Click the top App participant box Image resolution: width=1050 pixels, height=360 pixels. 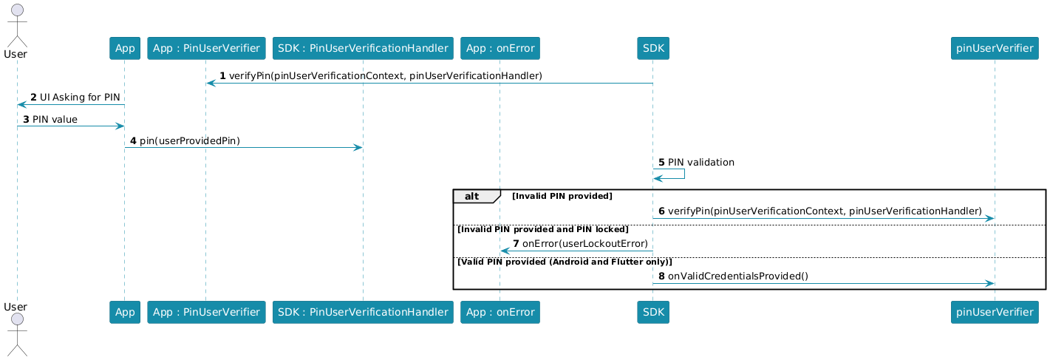click(124, 49)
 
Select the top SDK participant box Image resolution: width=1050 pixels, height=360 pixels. click(652, 49)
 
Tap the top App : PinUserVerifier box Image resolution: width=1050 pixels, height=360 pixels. click(205, 49)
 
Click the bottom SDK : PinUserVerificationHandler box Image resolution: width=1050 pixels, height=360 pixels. click(362, 313)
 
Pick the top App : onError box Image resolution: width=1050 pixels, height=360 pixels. click(500, 49)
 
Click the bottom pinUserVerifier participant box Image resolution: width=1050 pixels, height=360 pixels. click(995, 313)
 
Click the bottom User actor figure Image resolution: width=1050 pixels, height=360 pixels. click(16, 333)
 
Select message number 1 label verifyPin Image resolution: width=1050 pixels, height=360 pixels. click(385, 76)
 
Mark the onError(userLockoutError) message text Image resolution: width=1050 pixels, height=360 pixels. click(584, 244)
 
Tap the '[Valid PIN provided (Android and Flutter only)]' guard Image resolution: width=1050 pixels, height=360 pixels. click(565, 262)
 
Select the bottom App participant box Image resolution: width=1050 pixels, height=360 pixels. click(124, 313)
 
